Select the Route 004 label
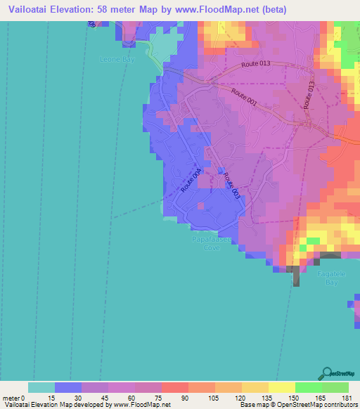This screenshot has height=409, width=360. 191,180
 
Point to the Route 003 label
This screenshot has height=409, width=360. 232,185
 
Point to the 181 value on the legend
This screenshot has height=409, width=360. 347,398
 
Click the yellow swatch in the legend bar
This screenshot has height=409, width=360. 281,387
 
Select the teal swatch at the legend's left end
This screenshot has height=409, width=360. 41,387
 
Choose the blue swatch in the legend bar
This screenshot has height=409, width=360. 67,387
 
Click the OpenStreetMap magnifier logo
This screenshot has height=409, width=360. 327,373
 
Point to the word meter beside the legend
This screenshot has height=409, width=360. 12,398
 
